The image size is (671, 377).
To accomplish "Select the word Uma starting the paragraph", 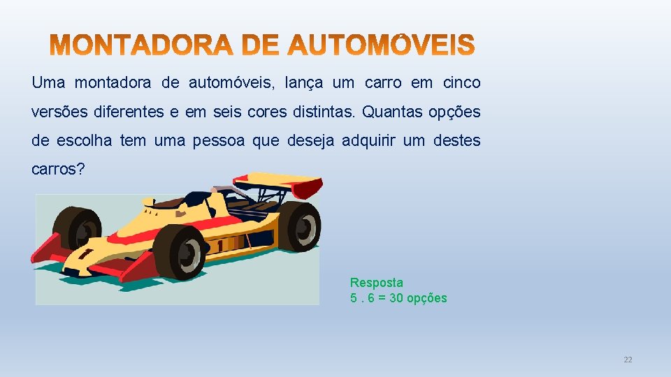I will click(48, 83).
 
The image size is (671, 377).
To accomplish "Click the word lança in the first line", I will click(304, 83).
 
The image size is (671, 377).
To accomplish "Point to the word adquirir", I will click(368, 141).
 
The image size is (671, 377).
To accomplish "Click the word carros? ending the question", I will click(58, 170).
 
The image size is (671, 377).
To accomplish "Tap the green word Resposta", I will click(376, 283).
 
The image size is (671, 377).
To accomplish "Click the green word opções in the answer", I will click(427, 298).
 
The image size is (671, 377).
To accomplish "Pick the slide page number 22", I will click(627, 360).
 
